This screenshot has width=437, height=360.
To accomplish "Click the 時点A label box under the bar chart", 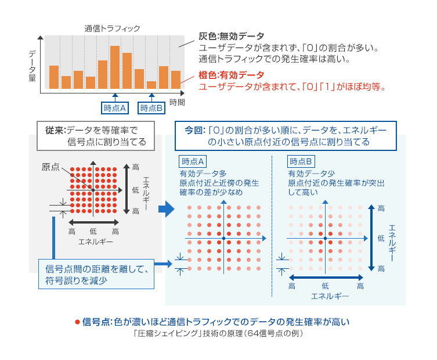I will [x=114, y=107].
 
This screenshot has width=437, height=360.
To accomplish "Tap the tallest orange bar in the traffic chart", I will [x=115, y=67].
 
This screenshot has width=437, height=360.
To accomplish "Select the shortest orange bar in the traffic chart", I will [x=151, y=85].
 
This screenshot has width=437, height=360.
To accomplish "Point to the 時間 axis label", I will [x=178, y=103].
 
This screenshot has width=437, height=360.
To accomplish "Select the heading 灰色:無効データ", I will [x=231, y=36].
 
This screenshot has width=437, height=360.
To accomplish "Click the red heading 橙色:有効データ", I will [x=231, y=75].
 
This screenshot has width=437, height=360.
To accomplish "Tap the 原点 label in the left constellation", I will [x=50, y=167].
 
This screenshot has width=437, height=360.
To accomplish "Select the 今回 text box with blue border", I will [x=286, y=135].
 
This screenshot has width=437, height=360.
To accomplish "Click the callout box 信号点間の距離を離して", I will [x=97, y=273].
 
